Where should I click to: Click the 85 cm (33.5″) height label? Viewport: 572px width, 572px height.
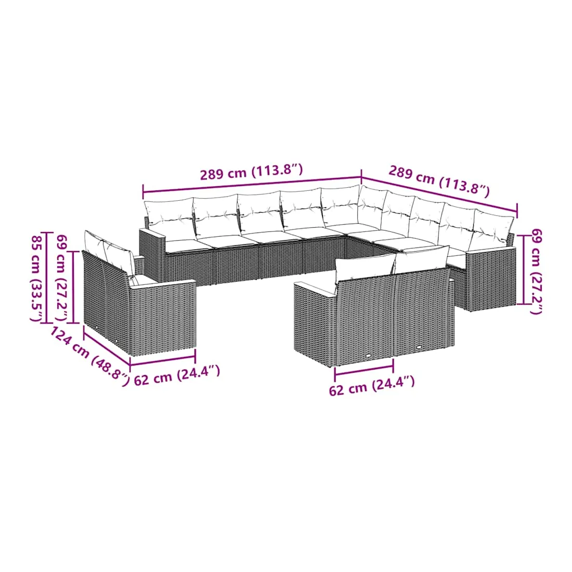pos(38,278)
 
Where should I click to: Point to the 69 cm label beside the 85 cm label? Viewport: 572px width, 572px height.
pos(62,278)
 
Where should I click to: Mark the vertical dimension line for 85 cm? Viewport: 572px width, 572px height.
pos(47,277)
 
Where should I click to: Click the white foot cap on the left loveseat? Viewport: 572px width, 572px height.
pos(116,342)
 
